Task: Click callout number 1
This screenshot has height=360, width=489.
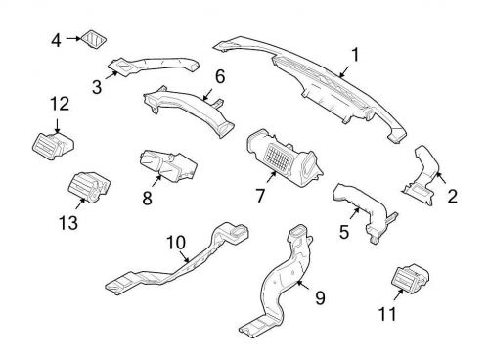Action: point(355,56)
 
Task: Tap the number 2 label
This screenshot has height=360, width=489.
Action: point(452,197)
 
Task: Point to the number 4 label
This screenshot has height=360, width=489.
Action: point(55,39)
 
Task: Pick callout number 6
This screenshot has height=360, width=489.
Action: point(220,75)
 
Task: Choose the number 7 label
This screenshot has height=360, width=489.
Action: point(261,196)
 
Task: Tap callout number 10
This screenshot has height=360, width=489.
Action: point(175,241)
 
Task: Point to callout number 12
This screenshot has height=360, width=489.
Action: point(60,104)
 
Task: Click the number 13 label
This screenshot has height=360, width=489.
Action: point(67,223)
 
